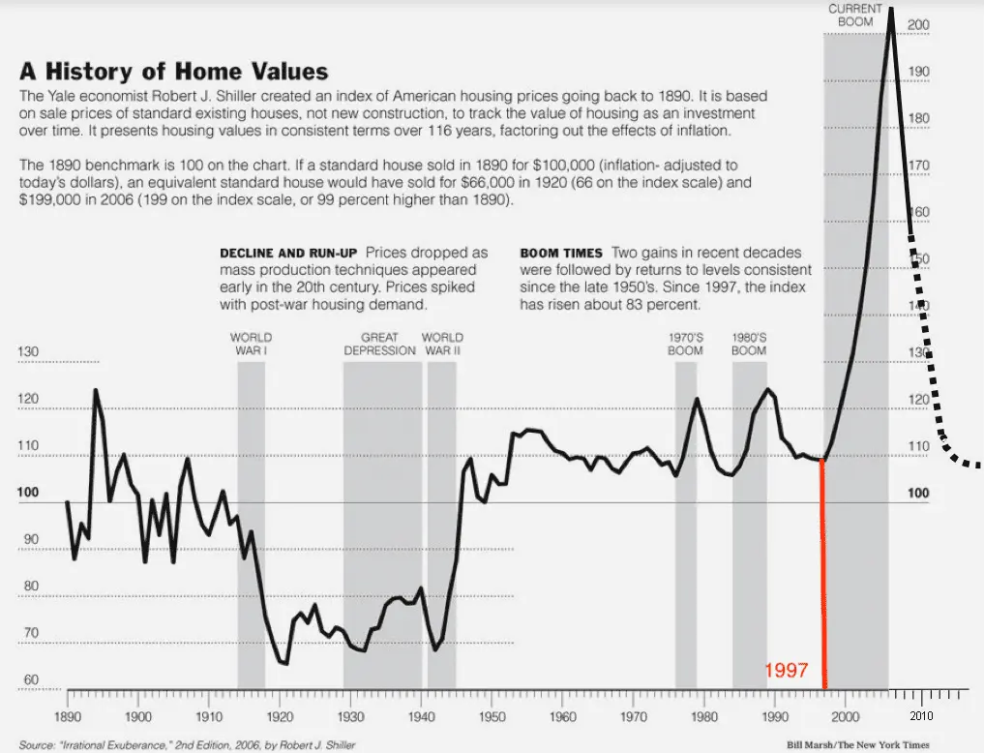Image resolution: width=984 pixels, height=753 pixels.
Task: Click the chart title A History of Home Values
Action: [174, 72]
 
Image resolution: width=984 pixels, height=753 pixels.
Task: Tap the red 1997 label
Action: [787, 670]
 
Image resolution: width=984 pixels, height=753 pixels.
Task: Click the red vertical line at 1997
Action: [822, 581]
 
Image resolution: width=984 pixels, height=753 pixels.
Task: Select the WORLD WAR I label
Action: [251, 344]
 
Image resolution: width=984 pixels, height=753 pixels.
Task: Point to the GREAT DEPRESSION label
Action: [380, 344]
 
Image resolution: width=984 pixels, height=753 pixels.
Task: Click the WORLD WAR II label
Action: [441, 344]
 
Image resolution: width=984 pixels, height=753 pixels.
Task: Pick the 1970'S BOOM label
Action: [685, 344]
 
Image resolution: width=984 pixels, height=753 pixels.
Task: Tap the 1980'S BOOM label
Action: [749, 344]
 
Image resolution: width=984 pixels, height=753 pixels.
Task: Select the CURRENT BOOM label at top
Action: [855, 15]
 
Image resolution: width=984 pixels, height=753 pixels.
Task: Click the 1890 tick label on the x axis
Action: [68, 717]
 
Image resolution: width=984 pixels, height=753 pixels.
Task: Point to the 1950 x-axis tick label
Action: [492, 717]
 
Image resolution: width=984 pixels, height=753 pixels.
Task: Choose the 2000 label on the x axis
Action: [846, 717]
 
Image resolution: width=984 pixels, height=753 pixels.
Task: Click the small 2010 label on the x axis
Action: [920, 716]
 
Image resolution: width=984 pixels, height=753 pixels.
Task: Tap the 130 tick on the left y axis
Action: [29, 352]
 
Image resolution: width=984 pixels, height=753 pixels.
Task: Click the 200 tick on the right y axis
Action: [919, 24]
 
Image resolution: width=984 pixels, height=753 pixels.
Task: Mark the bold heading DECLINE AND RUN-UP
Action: [280, 253]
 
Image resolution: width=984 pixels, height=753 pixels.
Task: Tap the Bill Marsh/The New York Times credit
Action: [858, 745]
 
